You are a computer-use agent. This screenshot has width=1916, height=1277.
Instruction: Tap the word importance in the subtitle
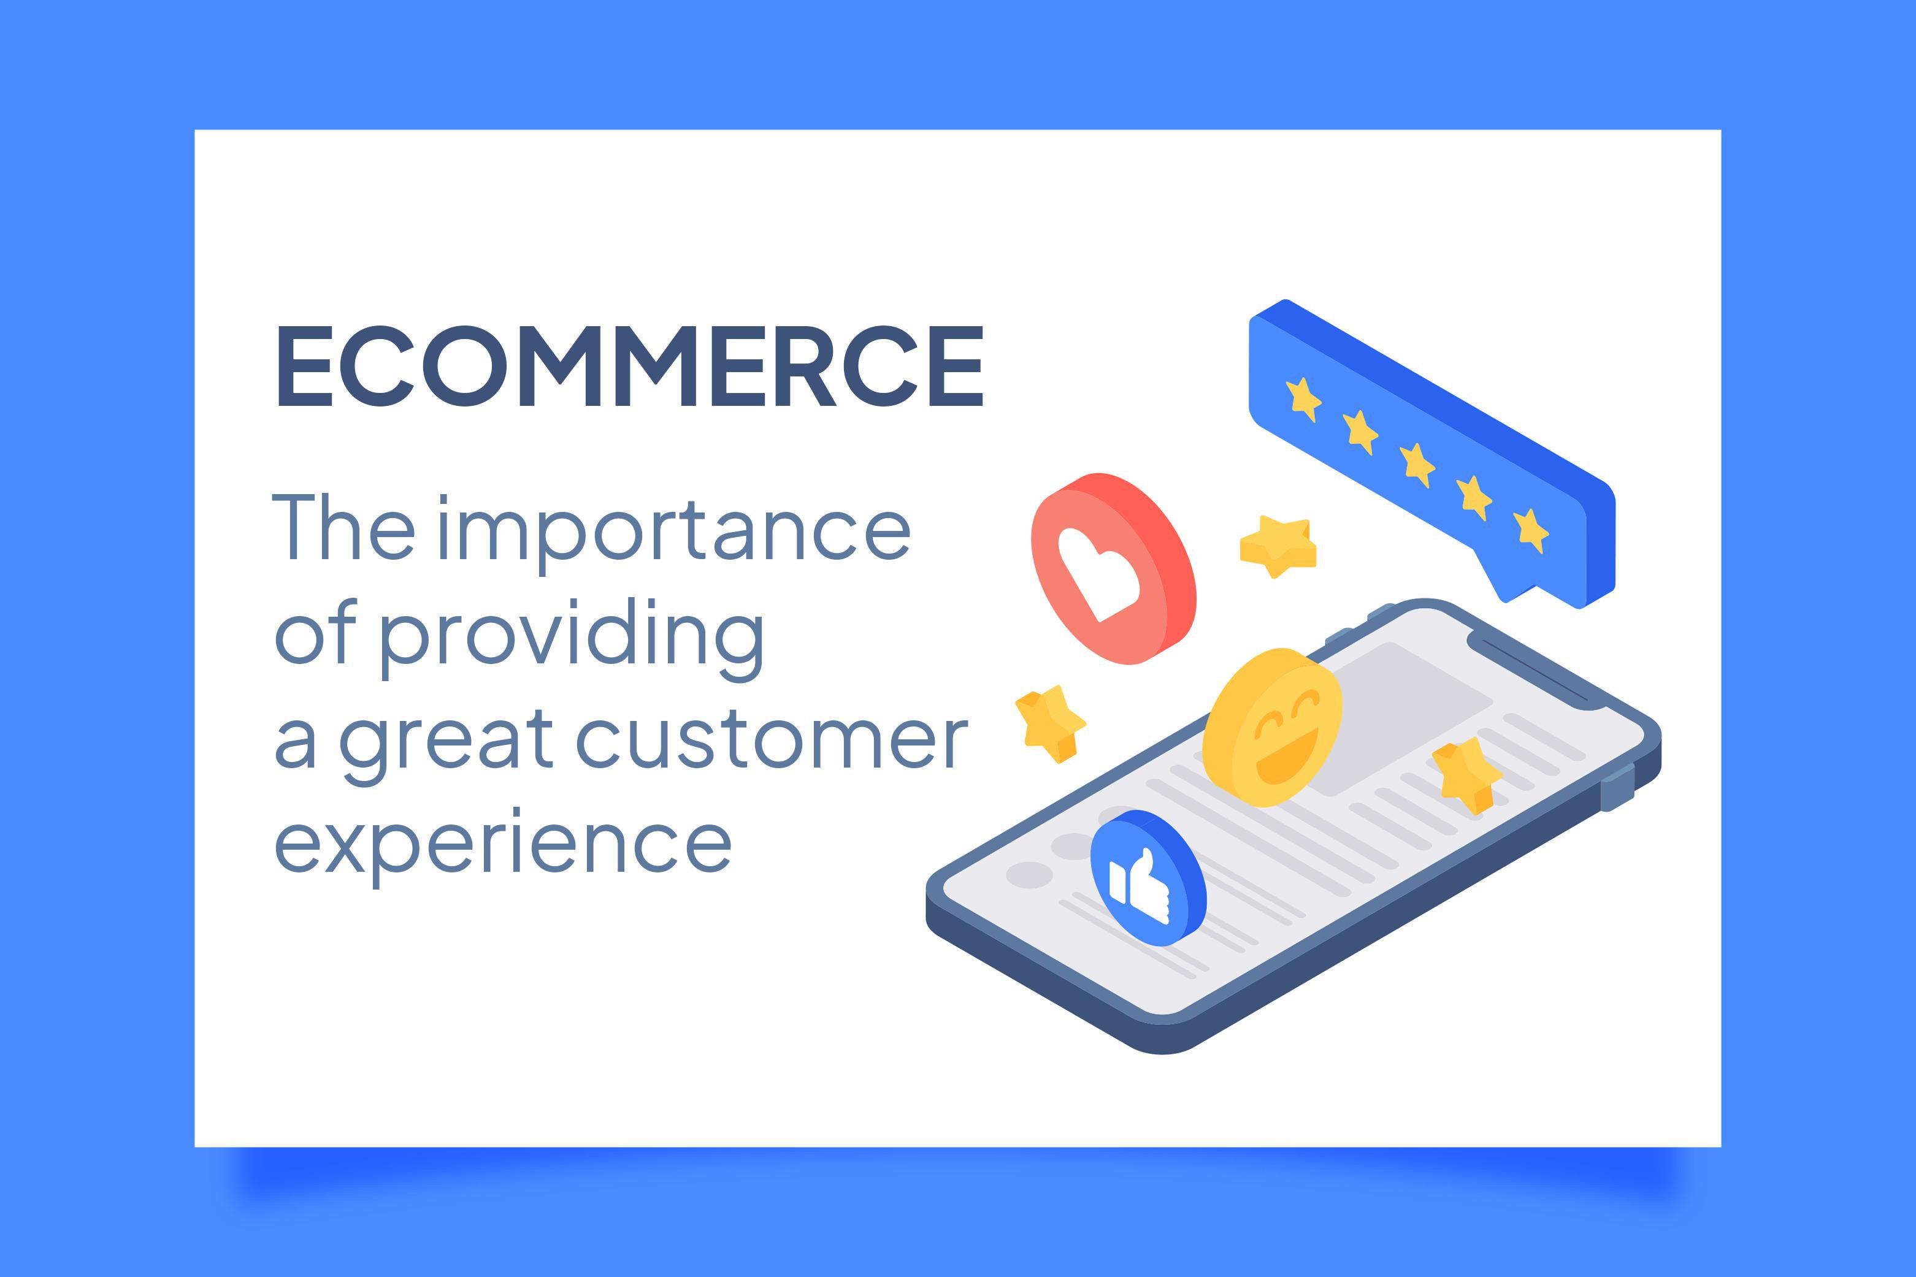click(675, 529)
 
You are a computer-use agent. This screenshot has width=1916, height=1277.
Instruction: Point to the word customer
click(772, 739)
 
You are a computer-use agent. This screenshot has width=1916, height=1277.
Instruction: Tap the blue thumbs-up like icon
click(1149, 878)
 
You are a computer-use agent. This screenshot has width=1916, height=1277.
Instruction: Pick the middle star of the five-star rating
click(1417, 465)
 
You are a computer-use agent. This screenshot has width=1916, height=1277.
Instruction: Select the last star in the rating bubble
click(1531, 531)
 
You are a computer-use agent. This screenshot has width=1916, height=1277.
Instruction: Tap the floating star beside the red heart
click(1278, 546)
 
